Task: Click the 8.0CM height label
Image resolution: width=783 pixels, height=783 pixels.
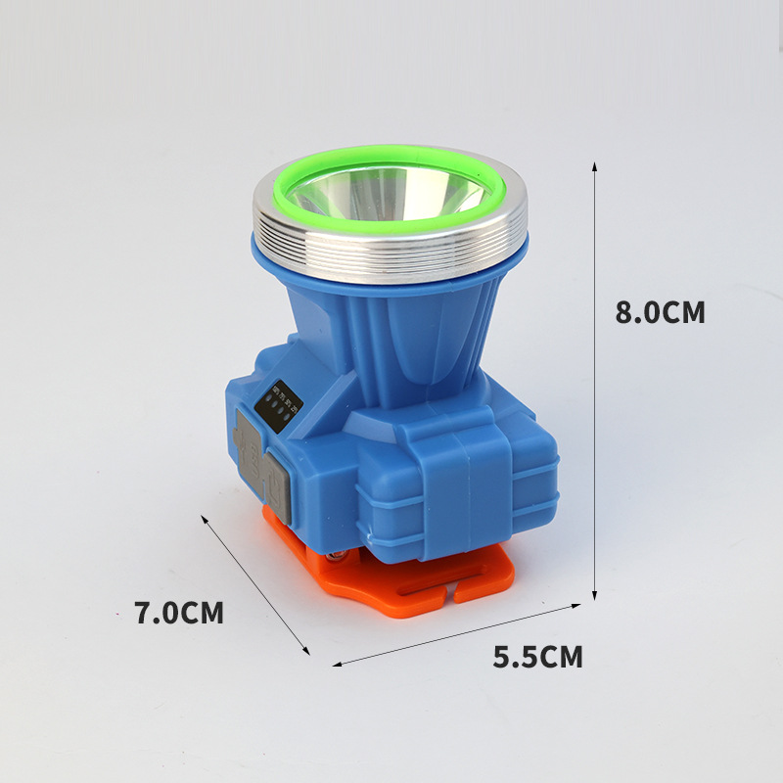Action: (x=660, y=312)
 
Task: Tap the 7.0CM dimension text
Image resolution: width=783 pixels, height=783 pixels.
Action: (x=179, y=614)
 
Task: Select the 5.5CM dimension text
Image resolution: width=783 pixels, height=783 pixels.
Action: (x=537, y=657)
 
